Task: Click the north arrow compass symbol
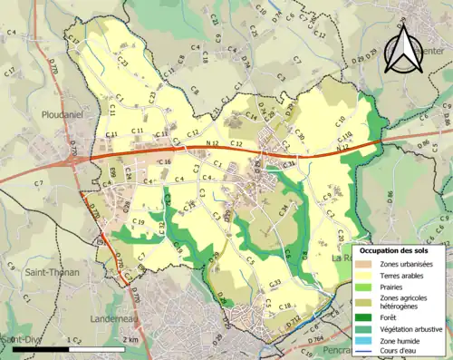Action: [401, 49]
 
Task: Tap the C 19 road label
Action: [138, 222]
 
